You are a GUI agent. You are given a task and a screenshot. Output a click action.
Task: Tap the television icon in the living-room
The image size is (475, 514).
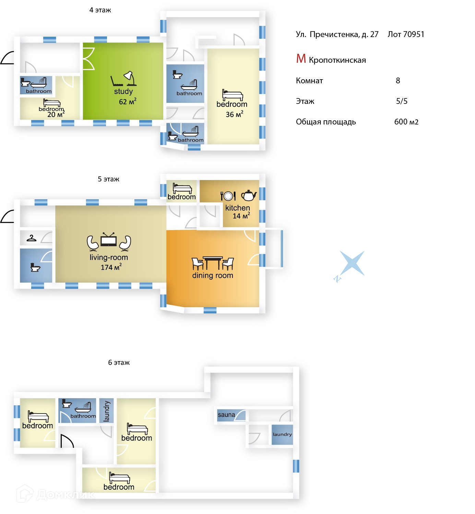108,239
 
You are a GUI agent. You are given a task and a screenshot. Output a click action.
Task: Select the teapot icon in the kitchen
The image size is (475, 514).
249,195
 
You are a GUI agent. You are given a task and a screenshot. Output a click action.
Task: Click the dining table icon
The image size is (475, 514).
213,263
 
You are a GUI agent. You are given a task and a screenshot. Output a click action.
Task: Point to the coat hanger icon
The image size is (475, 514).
32,238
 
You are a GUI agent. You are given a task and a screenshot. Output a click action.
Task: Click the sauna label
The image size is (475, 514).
226,415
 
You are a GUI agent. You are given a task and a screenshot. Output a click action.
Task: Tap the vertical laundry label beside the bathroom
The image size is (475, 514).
107,411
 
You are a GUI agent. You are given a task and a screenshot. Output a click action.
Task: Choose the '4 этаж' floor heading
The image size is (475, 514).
100,10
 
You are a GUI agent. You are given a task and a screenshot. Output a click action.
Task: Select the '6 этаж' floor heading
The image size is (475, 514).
119,362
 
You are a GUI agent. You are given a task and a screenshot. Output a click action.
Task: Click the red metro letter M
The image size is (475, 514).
301,59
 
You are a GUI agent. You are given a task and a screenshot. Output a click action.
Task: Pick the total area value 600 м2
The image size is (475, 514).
406,122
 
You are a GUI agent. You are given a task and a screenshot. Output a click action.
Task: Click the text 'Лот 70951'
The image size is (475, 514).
406,34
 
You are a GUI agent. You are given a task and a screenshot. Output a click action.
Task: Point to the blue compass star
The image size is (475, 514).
352,263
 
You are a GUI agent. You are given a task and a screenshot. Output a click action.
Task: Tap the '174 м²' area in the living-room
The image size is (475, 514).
111,267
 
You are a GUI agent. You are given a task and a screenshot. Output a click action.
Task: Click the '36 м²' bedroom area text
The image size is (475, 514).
235,114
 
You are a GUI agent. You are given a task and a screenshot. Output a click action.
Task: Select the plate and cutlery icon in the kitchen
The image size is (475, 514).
228,196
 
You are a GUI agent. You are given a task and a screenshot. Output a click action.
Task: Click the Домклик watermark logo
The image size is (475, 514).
55,494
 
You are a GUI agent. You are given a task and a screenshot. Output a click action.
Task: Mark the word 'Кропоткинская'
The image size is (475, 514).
337,60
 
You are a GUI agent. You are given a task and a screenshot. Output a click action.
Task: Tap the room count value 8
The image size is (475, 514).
398,81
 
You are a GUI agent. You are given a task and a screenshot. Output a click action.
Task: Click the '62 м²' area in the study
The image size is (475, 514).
128,101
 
